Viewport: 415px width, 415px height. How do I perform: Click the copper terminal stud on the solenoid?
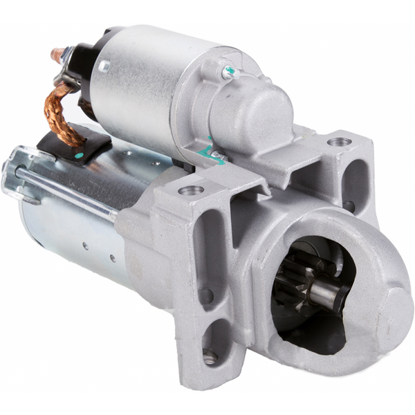coord(59,53)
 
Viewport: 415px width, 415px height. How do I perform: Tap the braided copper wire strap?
coord(64,111)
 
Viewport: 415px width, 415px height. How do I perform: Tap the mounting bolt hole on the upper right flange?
coord(339,142)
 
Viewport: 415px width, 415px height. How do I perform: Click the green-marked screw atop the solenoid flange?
coord(228,71)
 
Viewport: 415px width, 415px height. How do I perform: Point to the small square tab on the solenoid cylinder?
coord(104,66)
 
